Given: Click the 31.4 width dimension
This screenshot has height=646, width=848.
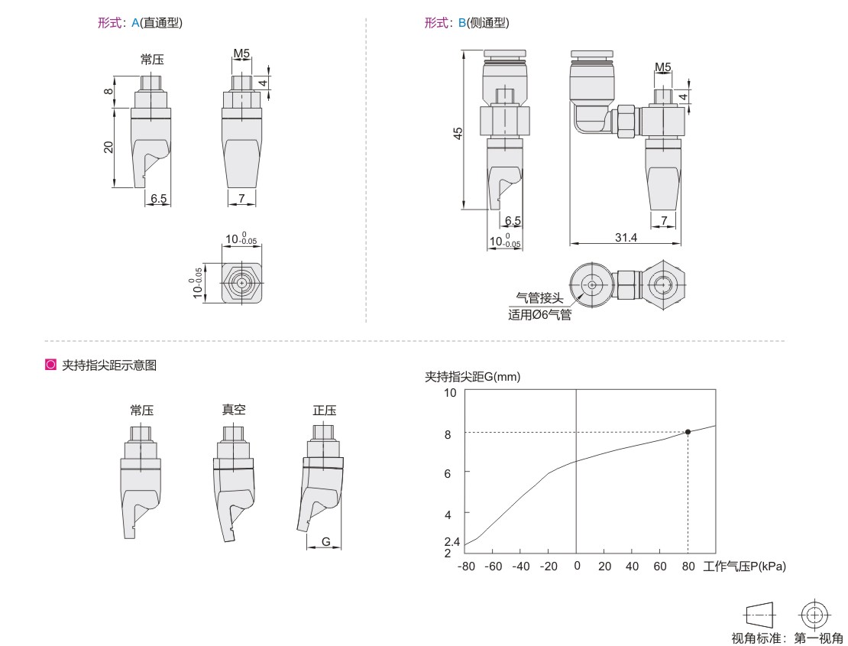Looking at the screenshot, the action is pos(626,238).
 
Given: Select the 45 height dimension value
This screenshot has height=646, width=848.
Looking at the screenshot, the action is pos(458,133).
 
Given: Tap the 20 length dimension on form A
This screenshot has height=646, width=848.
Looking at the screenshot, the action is pos(108,147).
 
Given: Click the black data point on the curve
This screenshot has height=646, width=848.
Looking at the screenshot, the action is pos(688,432).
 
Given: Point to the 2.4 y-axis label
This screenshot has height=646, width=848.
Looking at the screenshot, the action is pos(452,541).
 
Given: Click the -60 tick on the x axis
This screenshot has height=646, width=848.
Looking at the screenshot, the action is pos(494,566).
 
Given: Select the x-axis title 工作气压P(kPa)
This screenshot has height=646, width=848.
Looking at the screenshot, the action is pos(744,566).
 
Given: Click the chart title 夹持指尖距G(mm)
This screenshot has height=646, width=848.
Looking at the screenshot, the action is pos(473,377).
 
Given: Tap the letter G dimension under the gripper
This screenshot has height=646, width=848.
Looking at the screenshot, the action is pos(325,541).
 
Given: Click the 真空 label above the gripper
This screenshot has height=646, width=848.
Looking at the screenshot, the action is pos(234,410).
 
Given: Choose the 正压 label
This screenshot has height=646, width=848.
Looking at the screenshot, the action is pos(325,410).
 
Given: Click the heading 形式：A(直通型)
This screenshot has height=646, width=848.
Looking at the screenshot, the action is pos(140,23).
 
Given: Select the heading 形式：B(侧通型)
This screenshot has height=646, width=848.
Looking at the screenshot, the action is pos(467,23).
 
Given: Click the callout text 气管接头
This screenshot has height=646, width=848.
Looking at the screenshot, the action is pos(539,297).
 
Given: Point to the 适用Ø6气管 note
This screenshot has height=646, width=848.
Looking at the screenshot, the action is pos(539,314).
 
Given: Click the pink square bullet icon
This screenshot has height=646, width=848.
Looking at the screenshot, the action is pos(51,365).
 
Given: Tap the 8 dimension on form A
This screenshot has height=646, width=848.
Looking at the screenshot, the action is pos(108,92).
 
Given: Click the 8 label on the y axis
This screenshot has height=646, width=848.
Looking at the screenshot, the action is pos(448,434).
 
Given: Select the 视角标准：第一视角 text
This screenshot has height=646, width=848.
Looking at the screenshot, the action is pos(787,638).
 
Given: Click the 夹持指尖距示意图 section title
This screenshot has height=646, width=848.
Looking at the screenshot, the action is pos(109,365).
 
